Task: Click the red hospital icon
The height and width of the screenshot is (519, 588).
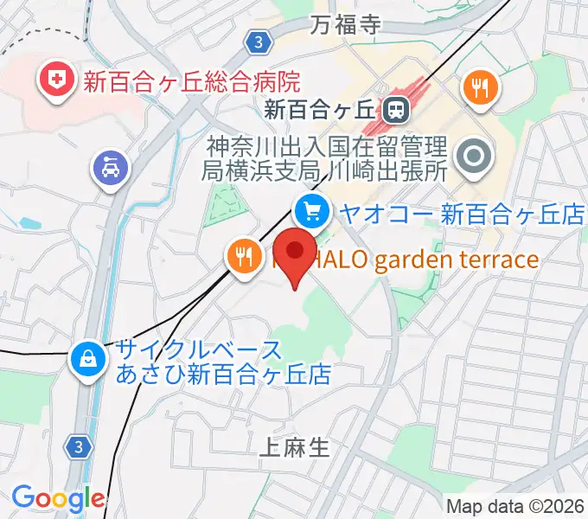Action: coord(54,80)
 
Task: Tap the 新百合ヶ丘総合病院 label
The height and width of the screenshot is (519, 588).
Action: coord(191,82)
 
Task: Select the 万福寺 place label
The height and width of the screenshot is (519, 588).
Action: coord(346,23)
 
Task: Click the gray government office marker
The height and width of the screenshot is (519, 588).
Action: coord(474,157)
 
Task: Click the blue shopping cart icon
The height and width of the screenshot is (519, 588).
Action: coord(311,209)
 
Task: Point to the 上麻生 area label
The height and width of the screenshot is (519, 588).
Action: coord(295,446)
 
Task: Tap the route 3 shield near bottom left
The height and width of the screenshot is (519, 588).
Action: coord(79,446)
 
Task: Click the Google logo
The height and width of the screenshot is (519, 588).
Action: coord(57,498)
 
